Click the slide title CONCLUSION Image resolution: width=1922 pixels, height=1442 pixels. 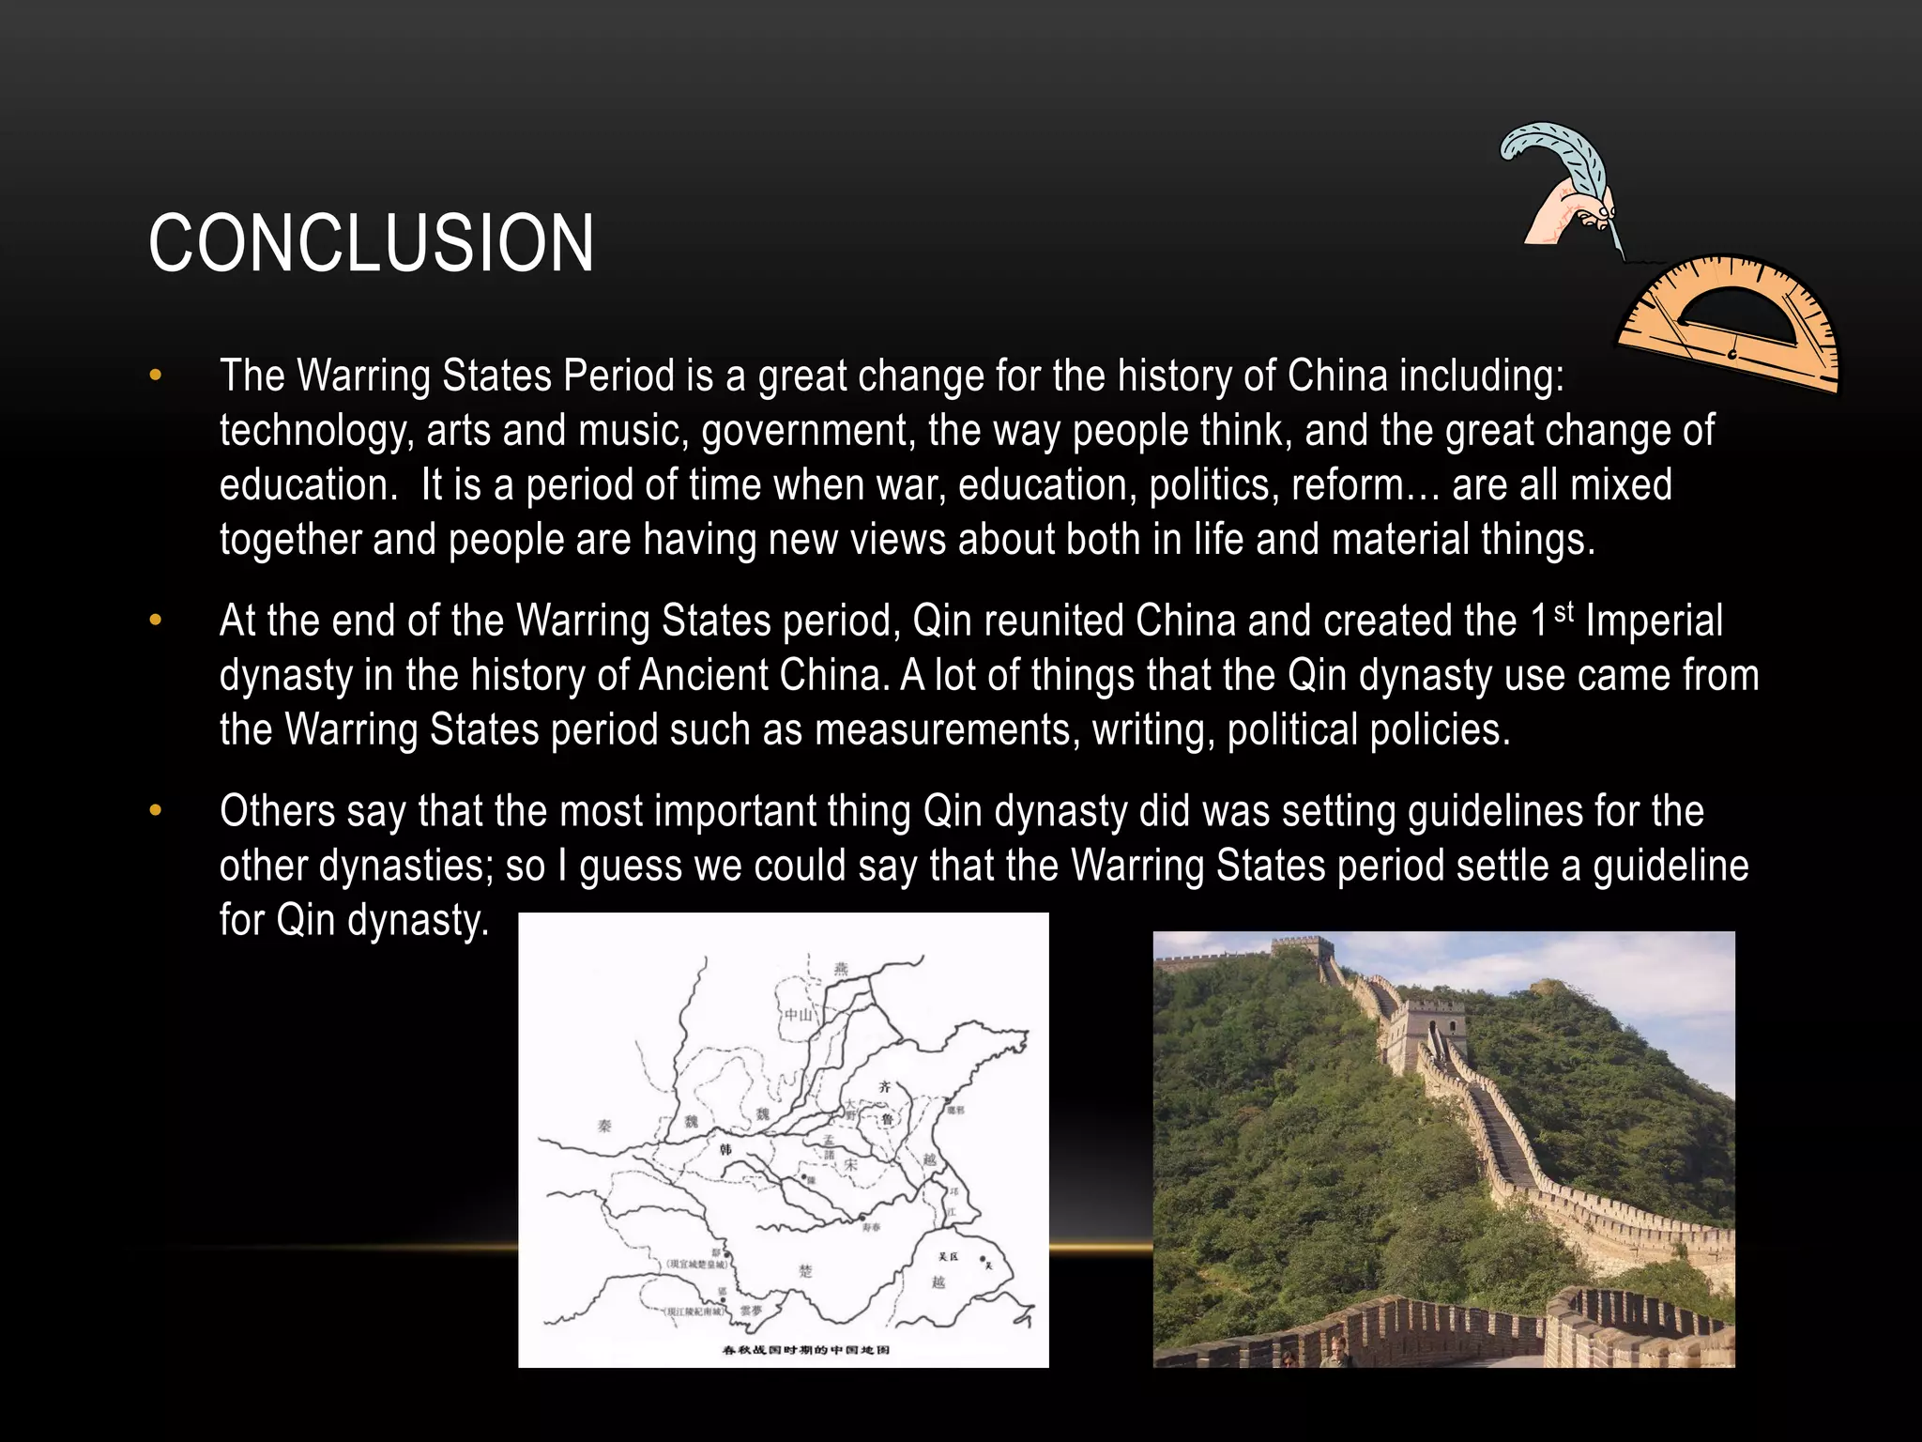tap(371, 243)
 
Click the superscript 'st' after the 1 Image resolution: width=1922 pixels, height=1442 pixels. tap(1564, 612)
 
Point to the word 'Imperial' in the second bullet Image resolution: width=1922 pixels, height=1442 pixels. tap(1654, 621)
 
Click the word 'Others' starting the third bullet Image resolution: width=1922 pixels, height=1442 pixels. tap(277, 811)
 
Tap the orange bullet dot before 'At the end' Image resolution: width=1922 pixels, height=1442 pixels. tap(156, 621)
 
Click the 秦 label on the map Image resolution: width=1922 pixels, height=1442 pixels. tap(604, 1125)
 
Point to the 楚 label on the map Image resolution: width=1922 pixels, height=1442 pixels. tap(806, 1270)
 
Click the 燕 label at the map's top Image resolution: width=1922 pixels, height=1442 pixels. tap(841, 969)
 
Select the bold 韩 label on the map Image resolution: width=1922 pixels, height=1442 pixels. tap(725, 1150)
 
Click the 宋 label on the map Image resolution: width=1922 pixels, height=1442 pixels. tap(850, 1164)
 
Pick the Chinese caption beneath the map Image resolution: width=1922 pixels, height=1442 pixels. tap(805, 1350)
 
